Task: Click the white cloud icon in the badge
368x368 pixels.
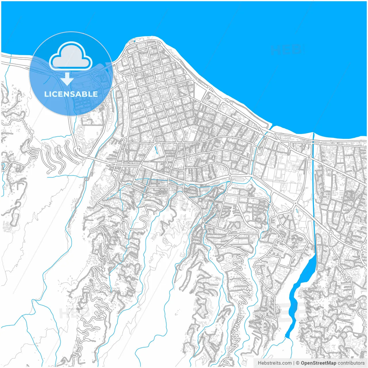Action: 71,56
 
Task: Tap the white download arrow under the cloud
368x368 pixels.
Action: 67,79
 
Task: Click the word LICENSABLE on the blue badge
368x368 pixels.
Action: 71,94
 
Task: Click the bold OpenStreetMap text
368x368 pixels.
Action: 318,363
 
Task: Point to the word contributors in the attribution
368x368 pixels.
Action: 351,363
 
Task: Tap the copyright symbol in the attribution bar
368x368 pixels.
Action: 298,363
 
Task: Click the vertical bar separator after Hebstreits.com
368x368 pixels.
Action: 294,363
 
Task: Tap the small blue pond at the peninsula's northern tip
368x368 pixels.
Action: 134,41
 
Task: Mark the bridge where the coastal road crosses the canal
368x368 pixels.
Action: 313,142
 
